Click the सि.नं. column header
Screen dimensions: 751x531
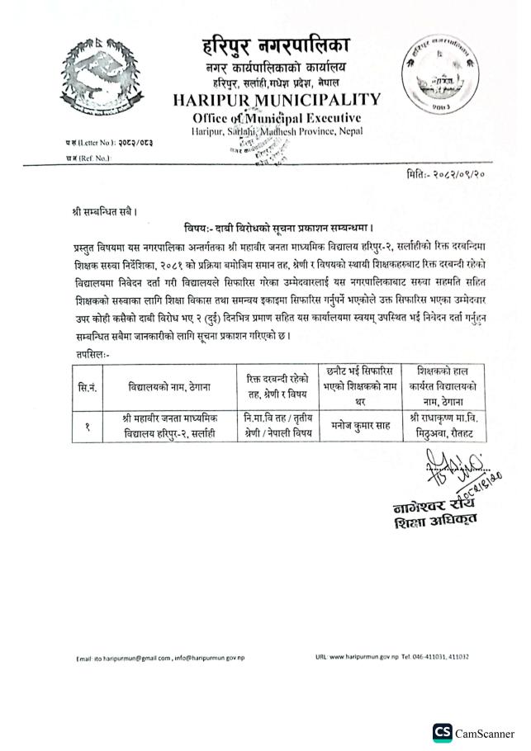pyautogui.click(x=87, y=386)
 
